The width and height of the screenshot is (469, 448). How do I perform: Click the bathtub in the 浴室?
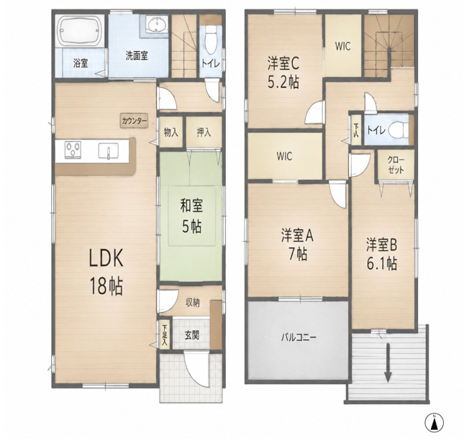point(81,30)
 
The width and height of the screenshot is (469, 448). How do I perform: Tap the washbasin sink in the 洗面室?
point(157,24)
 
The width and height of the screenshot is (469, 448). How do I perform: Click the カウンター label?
point(135,121)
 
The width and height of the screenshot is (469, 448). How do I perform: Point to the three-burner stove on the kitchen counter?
point(73,150)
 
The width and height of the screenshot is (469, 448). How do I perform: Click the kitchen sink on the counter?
point(109,150)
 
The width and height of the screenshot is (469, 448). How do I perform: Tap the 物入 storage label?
point(170,132)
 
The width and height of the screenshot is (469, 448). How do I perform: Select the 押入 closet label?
point(204,132)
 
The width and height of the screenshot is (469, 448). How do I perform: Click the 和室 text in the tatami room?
point(191,206)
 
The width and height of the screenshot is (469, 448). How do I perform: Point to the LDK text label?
point(106,258)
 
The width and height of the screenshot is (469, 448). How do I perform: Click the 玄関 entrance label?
point(191,336)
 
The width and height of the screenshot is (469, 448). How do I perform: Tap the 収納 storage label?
point(193,303)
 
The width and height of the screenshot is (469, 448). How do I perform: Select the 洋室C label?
point(283,63)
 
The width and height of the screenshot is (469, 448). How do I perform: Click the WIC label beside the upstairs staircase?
point(343,46)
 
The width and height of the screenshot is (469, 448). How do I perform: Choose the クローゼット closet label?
point(396,165)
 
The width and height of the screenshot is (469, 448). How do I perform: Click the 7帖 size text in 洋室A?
point(298,255)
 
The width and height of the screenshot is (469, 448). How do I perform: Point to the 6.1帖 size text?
point(382,263)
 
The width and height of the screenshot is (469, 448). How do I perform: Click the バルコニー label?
point(299,338)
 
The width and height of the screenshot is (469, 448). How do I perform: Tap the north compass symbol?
point(434,423)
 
